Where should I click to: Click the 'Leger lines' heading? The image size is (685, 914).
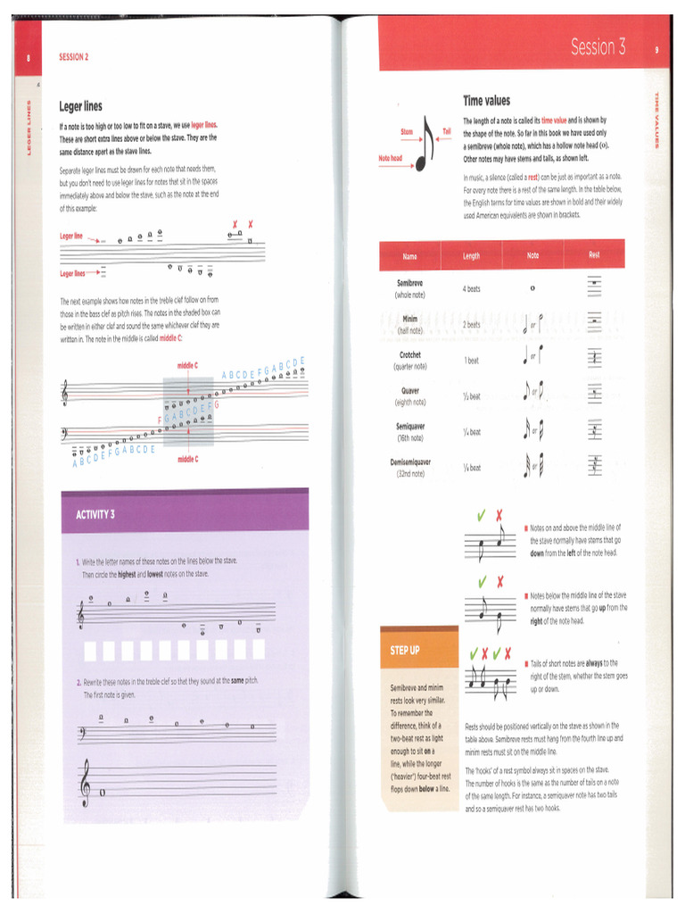click(x=81, y=106)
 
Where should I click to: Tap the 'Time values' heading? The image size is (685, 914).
click(x=486, y=101)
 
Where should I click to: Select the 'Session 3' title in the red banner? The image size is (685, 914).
click(x=598, y=47)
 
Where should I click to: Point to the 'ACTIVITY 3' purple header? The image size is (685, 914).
click(x=95, y=514)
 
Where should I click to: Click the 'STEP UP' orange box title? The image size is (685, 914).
click(x=405, y=650)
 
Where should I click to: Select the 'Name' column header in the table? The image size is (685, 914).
click(x=409, y=256)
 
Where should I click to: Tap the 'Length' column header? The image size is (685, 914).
click(x=471, y=256)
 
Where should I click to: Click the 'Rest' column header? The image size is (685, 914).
click(x=594, y=255)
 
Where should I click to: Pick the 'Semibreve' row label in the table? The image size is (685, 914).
click(x=410, y=283)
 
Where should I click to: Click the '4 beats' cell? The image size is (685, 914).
click(x=472, y=289)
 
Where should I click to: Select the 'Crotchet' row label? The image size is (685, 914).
click(x=410, y=354)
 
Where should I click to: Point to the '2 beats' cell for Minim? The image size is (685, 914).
click(x=472, y=325)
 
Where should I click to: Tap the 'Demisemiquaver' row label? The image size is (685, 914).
click(x=410, y=462)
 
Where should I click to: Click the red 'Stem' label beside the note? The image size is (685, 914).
click(x=407, y=131)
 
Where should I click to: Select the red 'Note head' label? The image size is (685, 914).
click(x=391, y=158)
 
